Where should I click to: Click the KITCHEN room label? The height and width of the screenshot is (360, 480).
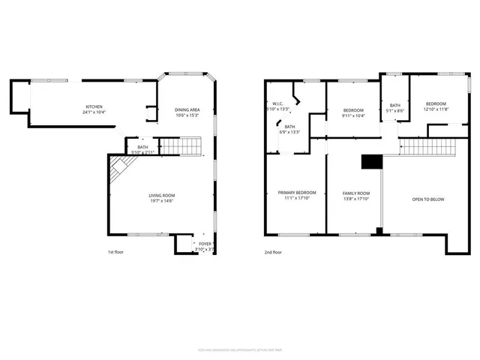pyautogui.click(x=94, y=106)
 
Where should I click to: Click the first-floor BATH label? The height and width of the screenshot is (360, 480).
pyautogui.click(x=142, y=147)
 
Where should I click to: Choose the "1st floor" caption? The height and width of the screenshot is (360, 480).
pyautogui.click(x=115, y=252)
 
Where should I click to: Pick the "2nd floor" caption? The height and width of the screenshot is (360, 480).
pyautogui.click(x=273, y=252)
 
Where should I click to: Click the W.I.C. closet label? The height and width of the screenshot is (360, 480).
pyautogui.click(x=277, y=104)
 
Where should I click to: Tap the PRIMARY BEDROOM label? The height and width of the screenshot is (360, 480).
pyautogui.click(x=297, y=193)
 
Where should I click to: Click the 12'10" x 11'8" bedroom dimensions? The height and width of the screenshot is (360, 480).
pyautogui.click(x=436, y=110)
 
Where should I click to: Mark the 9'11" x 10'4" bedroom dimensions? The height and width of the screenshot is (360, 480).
pyautogui.click(x=352, y=115)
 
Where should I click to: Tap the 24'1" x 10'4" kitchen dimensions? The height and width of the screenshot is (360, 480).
pyautogui.click(x=94, y=112)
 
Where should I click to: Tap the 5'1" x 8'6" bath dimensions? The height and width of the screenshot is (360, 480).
pyautogui.click(x=395, y=111)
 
